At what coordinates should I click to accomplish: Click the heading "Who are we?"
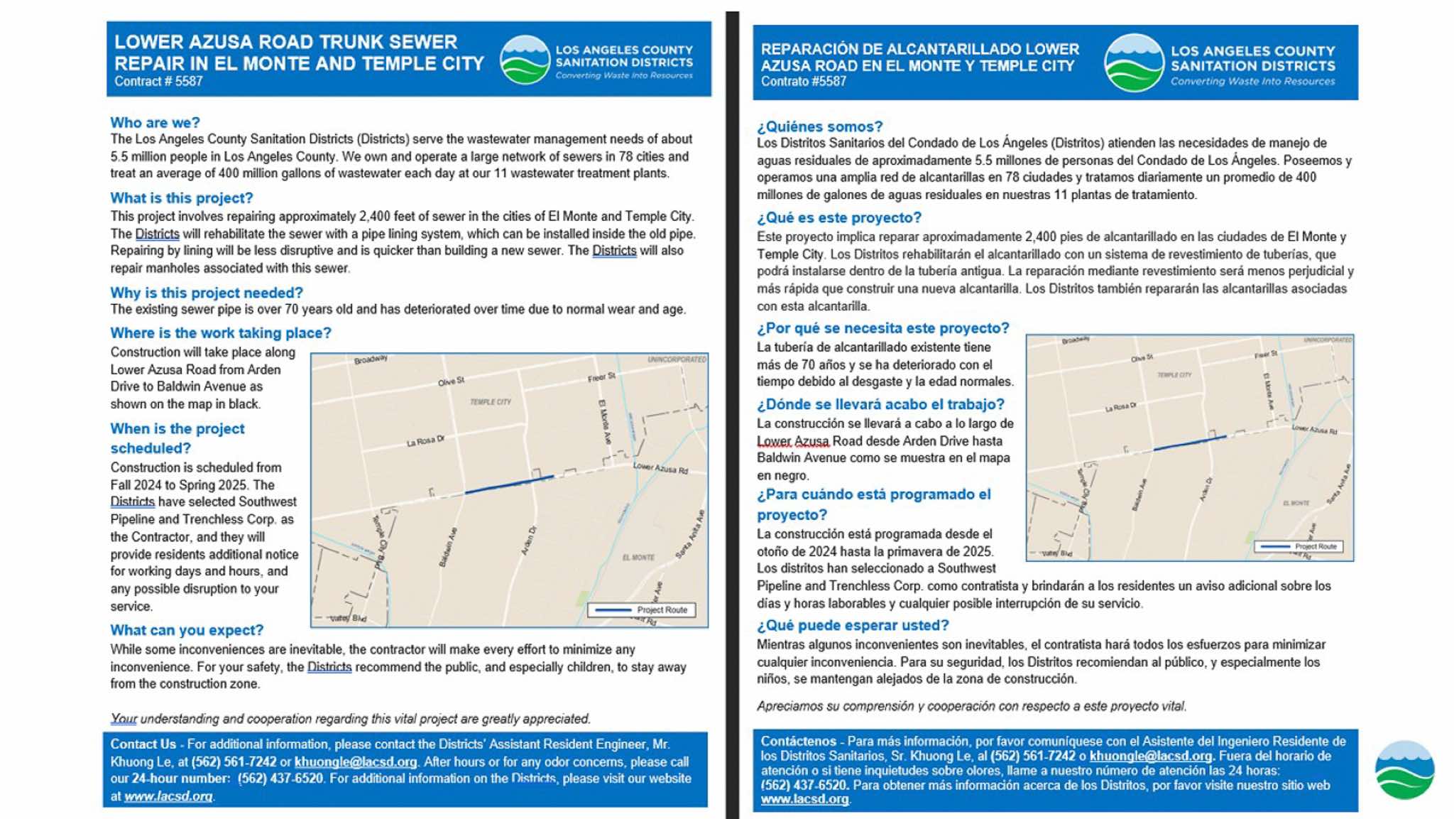tap(155, 122)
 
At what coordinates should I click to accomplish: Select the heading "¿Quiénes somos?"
tap(819, 126)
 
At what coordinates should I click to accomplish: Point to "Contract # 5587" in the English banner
tap(158, 82)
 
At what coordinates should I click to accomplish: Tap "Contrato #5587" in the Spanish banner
tap(803, 82)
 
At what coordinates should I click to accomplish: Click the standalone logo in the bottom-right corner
tap(1404, 770)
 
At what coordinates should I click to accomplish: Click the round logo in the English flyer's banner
tap(525, 60)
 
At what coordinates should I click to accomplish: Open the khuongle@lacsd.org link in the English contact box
tap(355, 761)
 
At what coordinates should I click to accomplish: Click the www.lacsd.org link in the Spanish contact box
tap(804, 799)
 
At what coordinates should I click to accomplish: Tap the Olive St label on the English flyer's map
tap(451, 381)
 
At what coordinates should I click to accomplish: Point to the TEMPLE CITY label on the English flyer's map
tap(490, 402)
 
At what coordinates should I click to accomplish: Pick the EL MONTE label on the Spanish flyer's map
tap(1296, 503)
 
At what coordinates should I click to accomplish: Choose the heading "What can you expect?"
tap(186, 630)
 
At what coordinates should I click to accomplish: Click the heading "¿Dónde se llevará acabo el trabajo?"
tap(880, 404)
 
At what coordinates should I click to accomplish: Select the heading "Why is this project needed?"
tap(206, 293)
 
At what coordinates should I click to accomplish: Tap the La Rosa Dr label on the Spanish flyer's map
tap(1120, 408)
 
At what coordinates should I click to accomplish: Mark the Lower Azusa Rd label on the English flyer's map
tap(660, 468)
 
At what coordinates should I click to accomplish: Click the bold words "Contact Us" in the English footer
tap(143, 744)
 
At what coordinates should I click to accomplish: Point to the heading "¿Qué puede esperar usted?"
tap(852, 625)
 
